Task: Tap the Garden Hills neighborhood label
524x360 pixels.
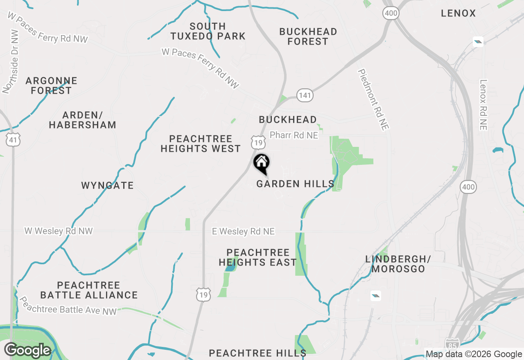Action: click(x=295, y=184)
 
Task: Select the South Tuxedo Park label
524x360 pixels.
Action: click(x=208, y=32)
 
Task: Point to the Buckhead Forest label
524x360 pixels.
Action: click(x=308, y=36)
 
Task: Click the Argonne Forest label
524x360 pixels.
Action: click(x=51, y=85)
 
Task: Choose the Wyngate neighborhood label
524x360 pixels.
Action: click(x=107, y=186)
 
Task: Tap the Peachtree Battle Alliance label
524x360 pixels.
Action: click(x=89, y=290)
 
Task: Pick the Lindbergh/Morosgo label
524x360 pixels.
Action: click(x=398, y=264)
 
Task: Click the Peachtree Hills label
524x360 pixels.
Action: click(x=257, y=353)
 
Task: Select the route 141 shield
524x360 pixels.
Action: click(x=305, y=96)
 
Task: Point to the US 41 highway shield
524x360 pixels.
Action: click(x=14, y=141)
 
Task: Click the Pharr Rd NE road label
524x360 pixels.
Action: click(x=294, y=135)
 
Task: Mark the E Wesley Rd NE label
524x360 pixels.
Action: click(x=243, y=232)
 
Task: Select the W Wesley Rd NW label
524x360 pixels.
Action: click(x=59, y=231)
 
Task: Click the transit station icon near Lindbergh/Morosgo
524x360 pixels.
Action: click(x=376, y=296)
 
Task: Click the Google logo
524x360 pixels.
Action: click(x=28, y=351)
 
